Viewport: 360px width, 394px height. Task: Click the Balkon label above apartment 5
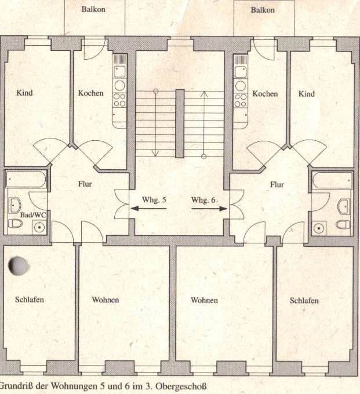(93, 9)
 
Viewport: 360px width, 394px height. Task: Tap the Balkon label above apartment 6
(263, 10)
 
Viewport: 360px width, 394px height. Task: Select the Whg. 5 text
(154, 200)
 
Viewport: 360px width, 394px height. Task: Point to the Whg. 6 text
(203, 200)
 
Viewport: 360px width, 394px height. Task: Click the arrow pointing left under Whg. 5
(148, 209)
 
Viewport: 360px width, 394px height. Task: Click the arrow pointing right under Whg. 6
(209, 209)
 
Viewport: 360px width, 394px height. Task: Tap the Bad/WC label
(33, 215)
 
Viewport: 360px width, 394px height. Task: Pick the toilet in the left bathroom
(15, 223)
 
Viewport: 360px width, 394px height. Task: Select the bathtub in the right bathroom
(332, 180)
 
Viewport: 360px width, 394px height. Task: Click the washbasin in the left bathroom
(15, 205)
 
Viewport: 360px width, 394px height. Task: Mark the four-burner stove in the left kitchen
(119, 100)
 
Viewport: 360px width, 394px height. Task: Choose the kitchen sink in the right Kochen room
(241, 72)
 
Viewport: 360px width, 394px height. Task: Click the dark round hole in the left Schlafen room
(19, 265)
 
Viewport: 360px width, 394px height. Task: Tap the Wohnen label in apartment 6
(204, 300)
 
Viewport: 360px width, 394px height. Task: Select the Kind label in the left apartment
(24, 93)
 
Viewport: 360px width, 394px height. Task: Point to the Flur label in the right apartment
(277, 185)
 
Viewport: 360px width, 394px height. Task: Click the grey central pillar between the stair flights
(180, 123)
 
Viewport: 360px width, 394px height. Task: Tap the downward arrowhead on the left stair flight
(155, 152)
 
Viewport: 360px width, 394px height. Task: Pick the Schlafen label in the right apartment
(304, 301)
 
